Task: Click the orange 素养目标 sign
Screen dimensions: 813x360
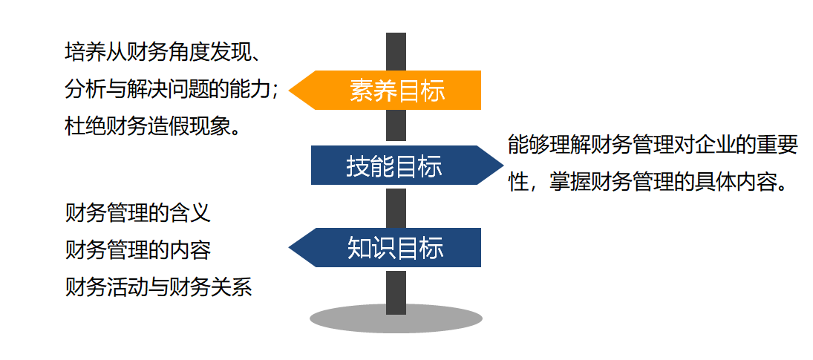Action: (x=396, y=90)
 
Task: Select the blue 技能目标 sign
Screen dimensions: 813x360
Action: (x=394, y=166)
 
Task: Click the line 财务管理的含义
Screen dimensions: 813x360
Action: (x=138, y=213)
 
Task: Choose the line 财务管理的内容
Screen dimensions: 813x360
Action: (x=138, y=249)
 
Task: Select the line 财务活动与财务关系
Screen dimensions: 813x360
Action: (x=159, y=286)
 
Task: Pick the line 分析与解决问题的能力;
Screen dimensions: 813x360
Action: (x=172, y=90)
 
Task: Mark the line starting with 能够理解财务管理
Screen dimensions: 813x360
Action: (x=653, y=145)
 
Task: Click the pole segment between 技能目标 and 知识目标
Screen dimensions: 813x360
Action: (x=396, y=207)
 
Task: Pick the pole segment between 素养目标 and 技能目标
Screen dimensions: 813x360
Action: (x=396, y=127)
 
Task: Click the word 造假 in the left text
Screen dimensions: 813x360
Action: (x=168, y=126)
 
